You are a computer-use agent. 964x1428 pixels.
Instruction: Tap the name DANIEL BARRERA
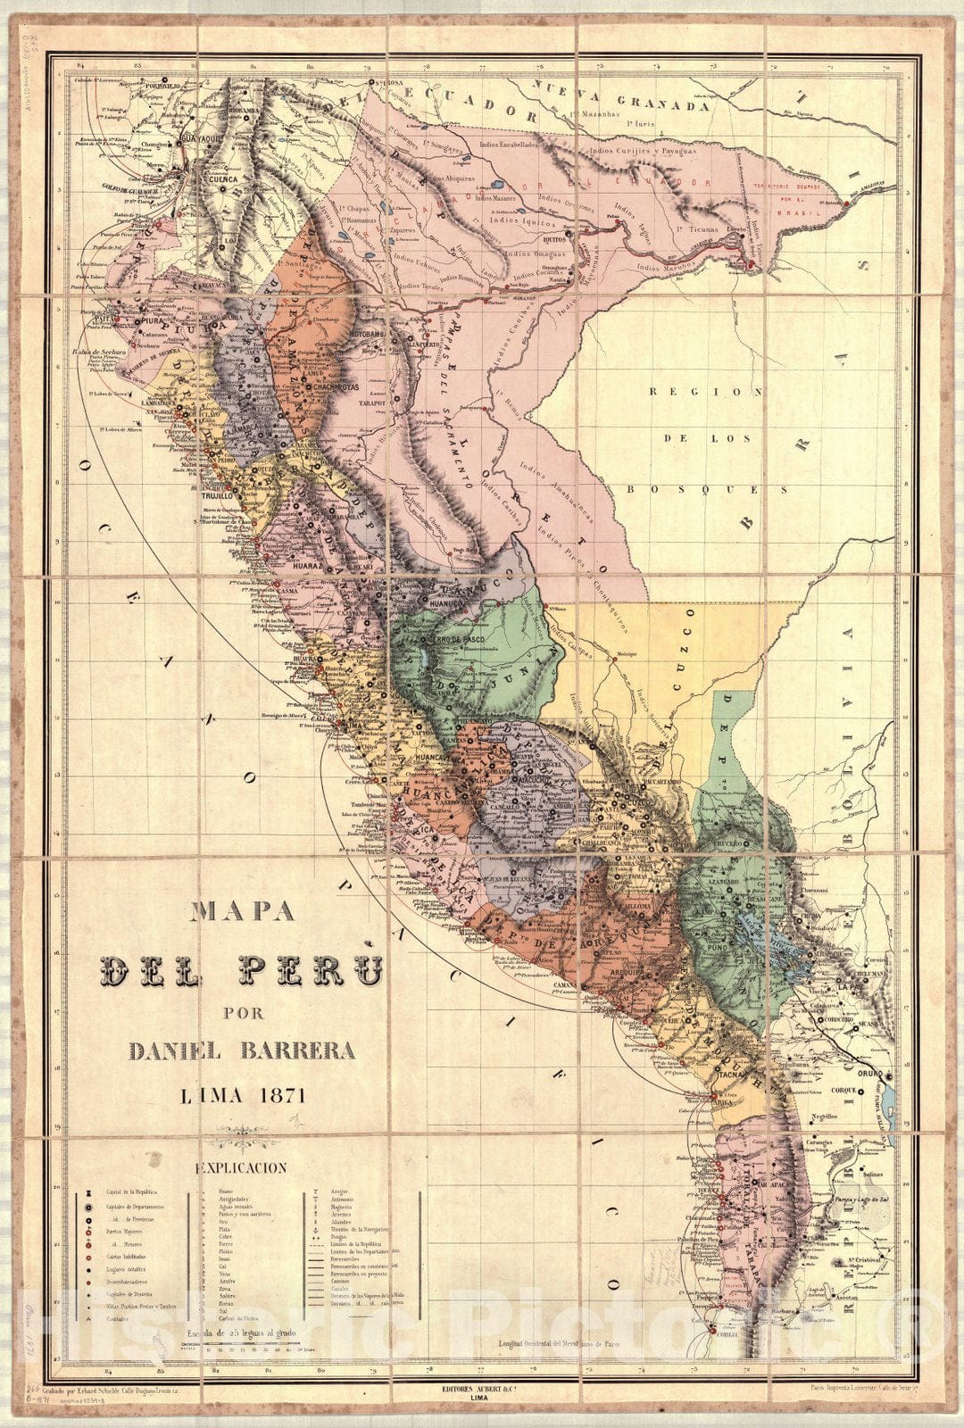click(x=242, y=1050)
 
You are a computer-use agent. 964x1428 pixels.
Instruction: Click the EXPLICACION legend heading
click(x=242, y=1167)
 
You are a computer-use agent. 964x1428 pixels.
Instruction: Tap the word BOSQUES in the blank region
click(x=705, y=489)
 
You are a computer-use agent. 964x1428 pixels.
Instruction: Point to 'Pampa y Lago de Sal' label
click(x=860, y=1200)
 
